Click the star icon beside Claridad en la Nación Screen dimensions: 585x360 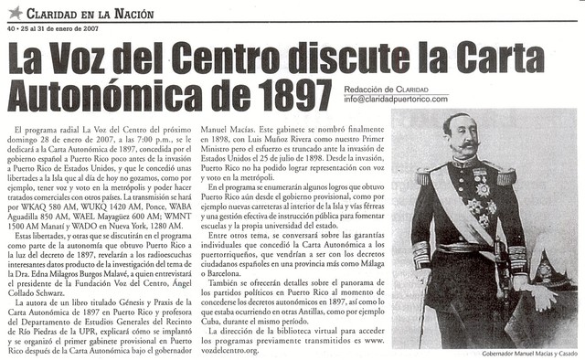click(15, 12)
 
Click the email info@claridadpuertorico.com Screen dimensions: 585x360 click(396, 99)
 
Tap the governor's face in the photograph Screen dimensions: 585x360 click(461, 137)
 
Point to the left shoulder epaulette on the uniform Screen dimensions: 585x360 click(426, 174)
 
